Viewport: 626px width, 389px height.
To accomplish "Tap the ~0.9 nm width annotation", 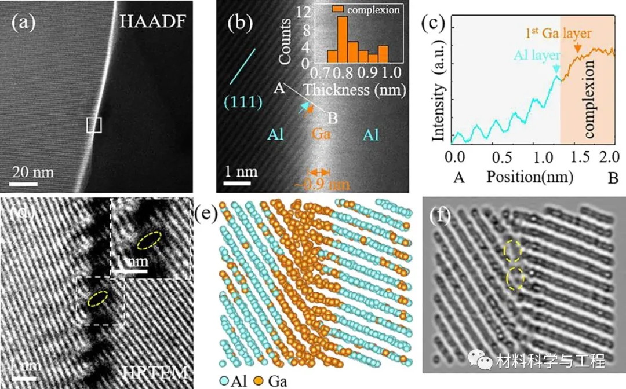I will click(314, 184).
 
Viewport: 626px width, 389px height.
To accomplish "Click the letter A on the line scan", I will click(278, 88).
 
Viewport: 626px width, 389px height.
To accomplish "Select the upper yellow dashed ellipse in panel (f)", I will click(512, 249).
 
